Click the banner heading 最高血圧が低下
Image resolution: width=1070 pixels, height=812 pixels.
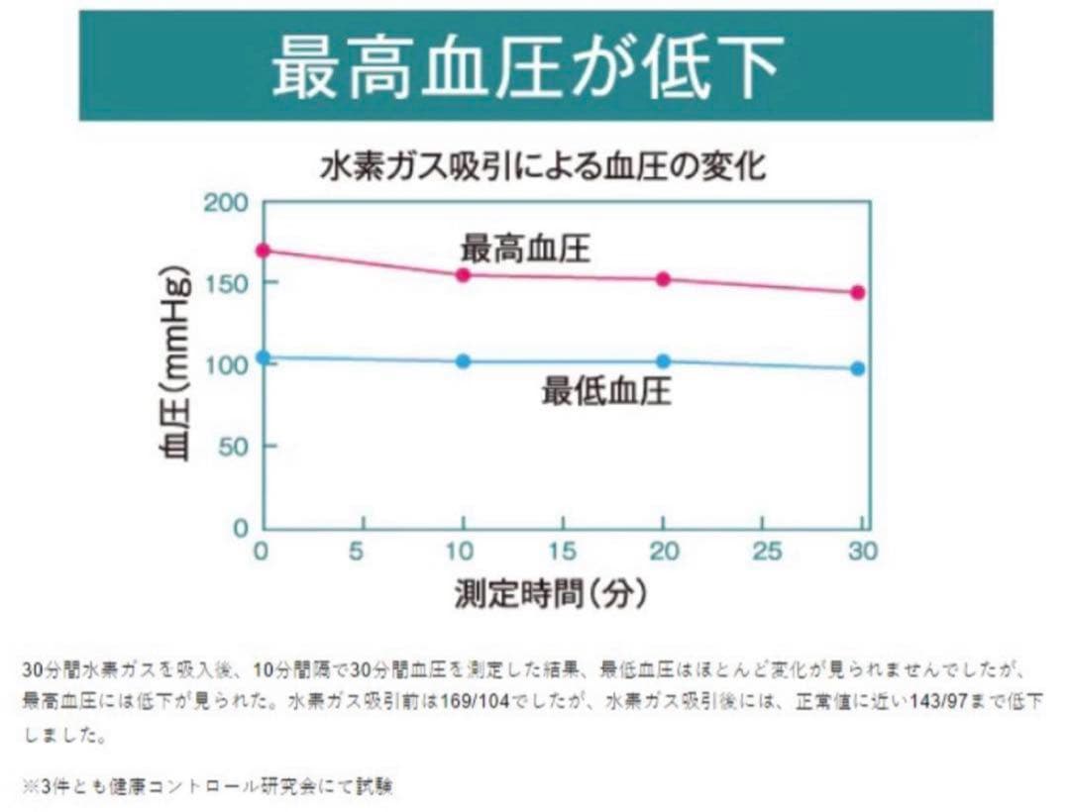pos(535,67)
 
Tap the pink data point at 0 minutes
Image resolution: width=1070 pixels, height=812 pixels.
pos(263,251)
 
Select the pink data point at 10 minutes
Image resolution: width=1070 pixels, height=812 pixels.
pos(463,274)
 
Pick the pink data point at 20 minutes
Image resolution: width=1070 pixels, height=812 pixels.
pos(663,279)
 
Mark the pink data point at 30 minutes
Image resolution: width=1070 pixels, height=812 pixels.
pos(858,292)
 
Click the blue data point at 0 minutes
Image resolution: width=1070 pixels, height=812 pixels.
pos(263,357)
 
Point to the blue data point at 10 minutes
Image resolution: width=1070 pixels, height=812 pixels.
pos(463,361)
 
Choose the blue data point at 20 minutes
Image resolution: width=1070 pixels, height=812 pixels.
pos(663,361)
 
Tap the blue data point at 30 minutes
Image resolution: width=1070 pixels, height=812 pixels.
pos(858,368)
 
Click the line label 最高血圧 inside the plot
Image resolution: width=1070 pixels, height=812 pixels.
pos(525,248)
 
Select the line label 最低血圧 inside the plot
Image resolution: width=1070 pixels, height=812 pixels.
pos(605,392)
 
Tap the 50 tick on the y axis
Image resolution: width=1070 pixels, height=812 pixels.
pos(231,446)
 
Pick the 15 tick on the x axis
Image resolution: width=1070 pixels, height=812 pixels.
pos(562,552)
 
